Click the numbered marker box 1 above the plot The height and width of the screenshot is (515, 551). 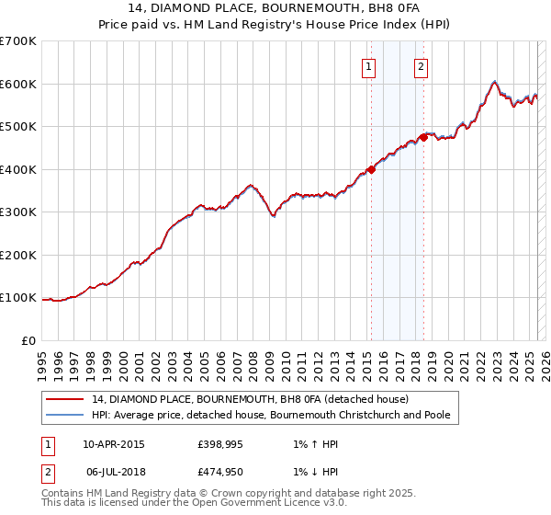pos(368,65)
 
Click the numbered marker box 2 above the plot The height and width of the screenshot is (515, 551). pos(421,65)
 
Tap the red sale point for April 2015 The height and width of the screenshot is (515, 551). pos(371,169)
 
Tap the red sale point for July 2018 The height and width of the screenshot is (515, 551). pos(423,137)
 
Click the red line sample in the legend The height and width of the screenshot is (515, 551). pos(65,399)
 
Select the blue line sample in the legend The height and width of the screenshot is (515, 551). pos(65,415)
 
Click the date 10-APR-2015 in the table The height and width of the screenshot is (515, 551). pos(114,444)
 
